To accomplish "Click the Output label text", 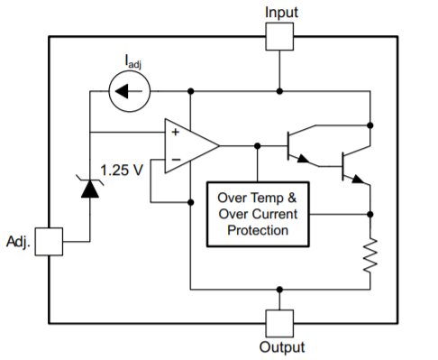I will [x=281, y=347].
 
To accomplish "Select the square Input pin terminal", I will [x=280, y=37].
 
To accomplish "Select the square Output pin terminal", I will [x=280, y=321].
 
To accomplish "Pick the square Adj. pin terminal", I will [x=49, y=242].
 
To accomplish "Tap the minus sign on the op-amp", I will [x=174, y=159].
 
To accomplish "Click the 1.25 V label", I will [x=122, y=170].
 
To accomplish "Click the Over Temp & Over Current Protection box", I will [x=259, y=214].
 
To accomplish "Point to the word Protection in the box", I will [x=259, y=231].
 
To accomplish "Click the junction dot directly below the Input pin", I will [x=280, y=91].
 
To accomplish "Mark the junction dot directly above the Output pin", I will [x=280, y=290].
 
